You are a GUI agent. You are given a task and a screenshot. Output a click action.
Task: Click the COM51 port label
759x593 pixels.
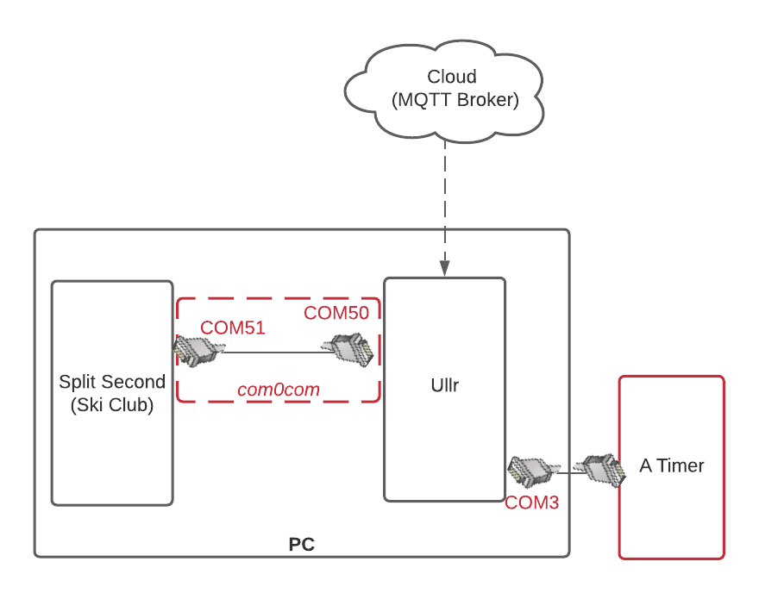[232, 328]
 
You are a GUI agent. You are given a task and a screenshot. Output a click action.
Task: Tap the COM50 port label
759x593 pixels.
[336, 313]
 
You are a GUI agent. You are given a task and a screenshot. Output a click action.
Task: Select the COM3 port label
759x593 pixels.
[532, 502]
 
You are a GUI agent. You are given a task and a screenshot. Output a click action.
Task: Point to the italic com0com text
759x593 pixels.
[279, 390]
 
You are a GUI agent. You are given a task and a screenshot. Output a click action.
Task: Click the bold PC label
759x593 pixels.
[302, 545]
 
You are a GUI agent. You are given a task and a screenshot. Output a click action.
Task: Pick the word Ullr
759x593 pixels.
[445, 385]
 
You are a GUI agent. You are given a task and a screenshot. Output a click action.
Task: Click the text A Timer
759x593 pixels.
[672, 465]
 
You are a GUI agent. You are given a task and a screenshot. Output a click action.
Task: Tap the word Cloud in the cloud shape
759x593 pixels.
[452, 77]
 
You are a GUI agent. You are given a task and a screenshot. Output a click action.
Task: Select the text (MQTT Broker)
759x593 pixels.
[455, 100]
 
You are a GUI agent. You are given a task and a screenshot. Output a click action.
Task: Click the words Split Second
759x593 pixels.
[112, 382]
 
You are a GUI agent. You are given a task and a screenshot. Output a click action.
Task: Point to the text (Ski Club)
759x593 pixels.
[112, 405]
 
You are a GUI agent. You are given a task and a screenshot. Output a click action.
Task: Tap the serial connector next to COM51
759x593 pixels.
[199, 351]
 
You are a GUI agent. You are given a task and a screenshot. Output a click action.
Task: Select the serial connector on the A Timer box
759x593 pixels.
[599, 470]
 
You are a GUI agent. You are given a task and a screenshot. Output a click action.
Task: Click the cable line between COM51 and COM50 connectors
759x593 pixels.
[279, 353]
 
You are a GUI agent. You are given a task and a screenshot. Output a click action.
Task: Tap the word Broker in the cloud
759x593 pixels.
[486, 100]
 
